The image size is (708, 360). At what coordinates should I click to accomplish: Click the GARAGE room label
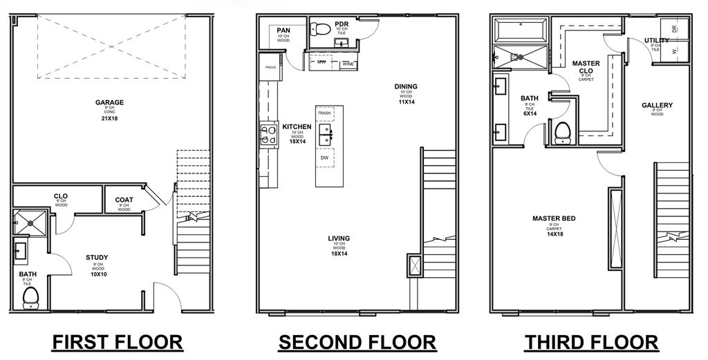[109, 103]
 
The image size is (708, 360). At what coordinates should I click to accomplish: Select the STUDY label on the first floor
[97, 258]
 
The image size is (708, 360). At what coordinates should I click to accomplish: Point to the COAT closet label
[124, 200]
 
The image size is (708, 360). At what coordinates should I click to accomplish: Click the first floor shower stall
[30, 222]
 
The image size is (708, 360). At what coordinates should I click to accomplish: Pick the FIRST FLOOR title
[118, 342]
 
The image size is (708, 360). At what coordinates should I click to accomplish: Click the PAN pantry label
[283, 30]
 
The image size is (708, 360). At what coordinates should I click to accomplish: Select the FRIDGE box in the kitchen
[270, 68]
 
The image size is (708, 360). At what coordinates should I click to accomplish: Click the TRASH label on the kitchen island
[324, 113]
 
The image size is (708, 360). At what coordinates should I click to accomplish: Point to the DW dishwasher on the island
[324, 158]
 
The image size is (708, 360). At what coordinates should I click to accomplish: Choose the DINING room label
[406, 86]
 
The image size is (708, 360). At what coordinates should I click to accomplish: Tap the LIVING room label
[339, 238]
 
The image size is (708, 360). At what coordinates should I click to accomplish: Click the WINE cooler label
[348, 64]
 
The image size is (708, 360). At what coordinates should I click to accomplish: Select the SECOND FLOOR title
[357, 342]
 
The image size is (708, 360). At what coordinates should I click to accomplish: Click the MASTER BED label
[554, 218]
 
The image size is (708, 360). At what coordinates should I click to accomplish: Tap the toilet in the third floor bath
[563, 132]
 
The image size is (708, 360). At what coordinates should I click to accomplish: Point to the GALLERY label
[657, 106]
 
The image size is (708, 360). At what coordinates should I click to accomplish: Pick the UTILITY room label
[656, 41]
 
